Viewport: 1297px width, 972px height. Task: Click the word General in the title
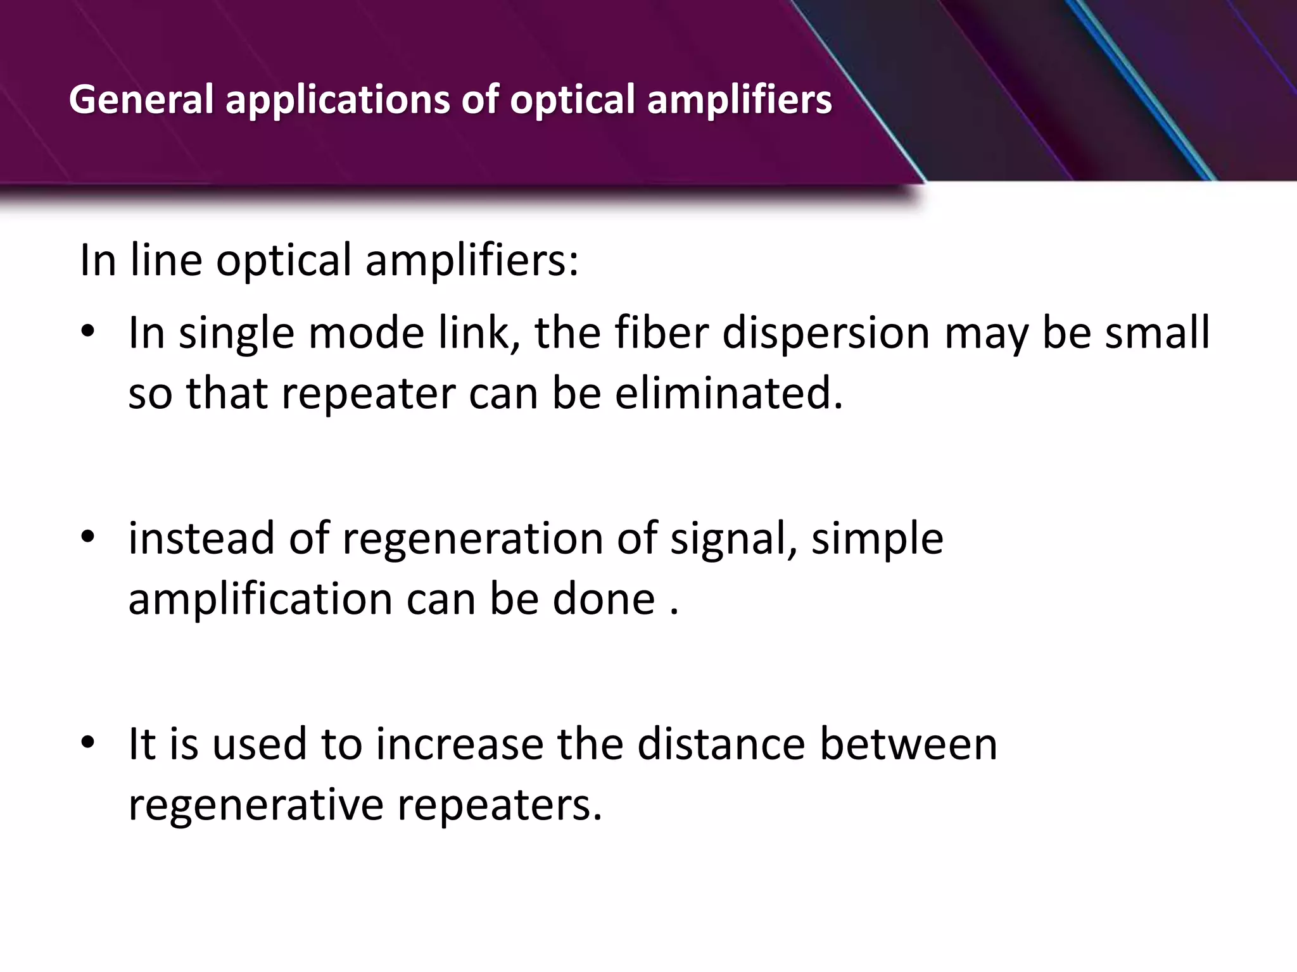(x=141, y=100)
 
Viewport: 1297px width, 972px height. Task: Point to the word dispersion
(x=826, y=333)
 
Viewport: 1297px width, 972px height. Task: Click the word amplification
(x=260, y=600)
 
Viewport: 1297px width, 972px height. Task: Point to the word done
(x=604, y=599)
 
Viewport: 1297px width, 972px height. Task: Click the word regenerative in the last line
(x=256, y=806)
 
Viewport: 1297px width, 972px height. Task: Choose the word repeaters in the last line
(x=495, y=806)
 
